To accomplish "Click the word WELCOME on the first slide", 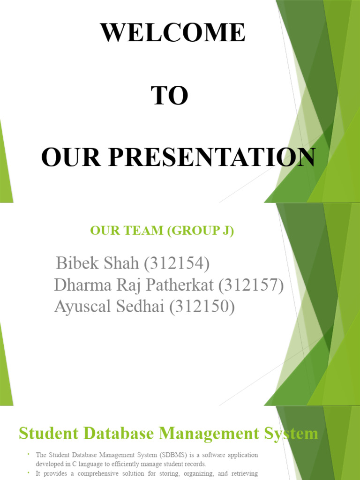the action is (173, 32).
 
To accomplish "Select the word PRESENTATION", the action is (212, 157).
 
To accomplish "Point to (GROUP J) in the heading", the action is (201, 231).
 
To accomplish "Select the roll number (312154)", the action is (177, 263).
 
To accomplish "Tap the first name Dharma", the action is (82, 285).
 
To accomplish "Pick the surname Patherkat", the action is (179, 285).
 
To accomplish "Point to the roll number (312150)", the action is (202, 307).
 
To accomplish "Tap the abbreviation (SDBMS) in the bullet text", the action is (175, 455).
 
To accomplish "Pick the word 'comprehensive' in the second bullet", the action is (98, 473).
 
